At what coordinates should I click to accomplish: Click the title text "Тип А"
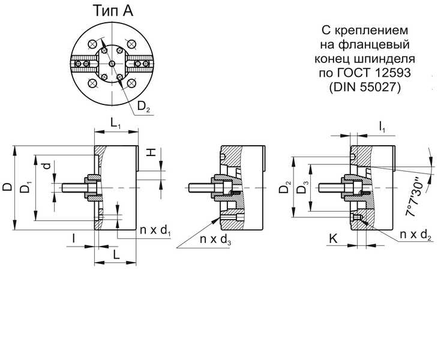113,11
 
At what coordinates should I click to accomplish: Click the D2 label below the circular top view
143,106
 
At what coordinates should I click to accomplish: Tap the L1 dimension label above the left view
115,123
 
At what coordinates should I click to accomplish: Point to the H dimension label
151,152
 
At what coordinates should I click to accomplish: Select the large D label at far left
8,187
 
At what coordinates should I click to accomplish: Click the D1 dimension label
26,187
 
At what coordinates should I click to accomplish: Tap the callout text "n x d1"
155,230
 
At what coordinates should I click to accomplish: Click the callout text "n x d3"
215,239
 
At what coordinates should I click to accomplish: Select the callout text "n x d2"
416,235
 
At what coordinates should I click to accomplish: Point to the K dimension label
333,239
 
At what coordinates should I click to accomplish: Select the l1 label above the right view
382,127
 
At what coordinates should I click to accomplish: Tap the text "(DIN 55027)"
365,88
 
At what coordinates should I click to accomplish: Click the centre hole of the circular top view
112,64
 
